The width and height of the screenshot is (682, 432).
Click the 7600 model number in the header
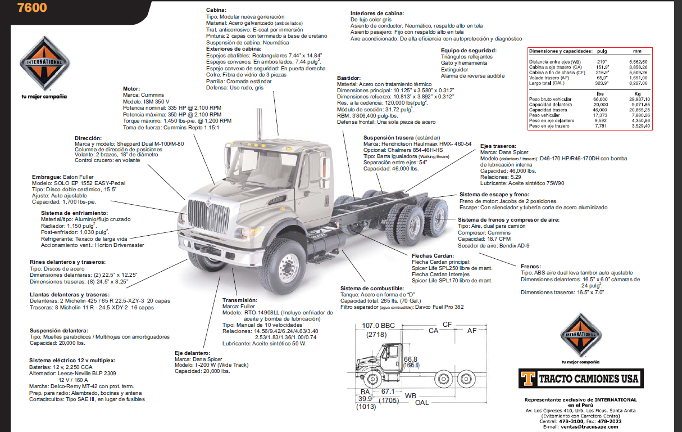(x=33, y=8)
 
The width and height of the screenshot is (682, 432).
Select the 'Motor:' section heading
(x=131, y=89)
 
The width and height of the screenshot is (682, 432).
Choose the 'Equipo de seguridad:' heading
(x=469, y=50)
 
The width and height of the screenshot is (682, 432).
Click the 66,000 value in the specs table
(x=601, y=99)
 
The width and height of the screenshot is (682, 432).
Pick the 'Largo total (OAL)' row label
(x=547, y=83)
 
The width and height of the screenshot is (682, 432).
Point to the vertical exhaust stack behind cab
(x=260, y=135)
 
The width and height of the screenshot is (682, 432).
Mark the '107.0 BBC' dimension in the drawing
(x=379, y=326)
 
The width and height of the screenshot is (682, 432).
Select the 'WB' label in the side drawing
(x=411, y=395)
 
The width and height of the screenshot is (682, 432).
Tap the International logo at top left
(x=44, y=66)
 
